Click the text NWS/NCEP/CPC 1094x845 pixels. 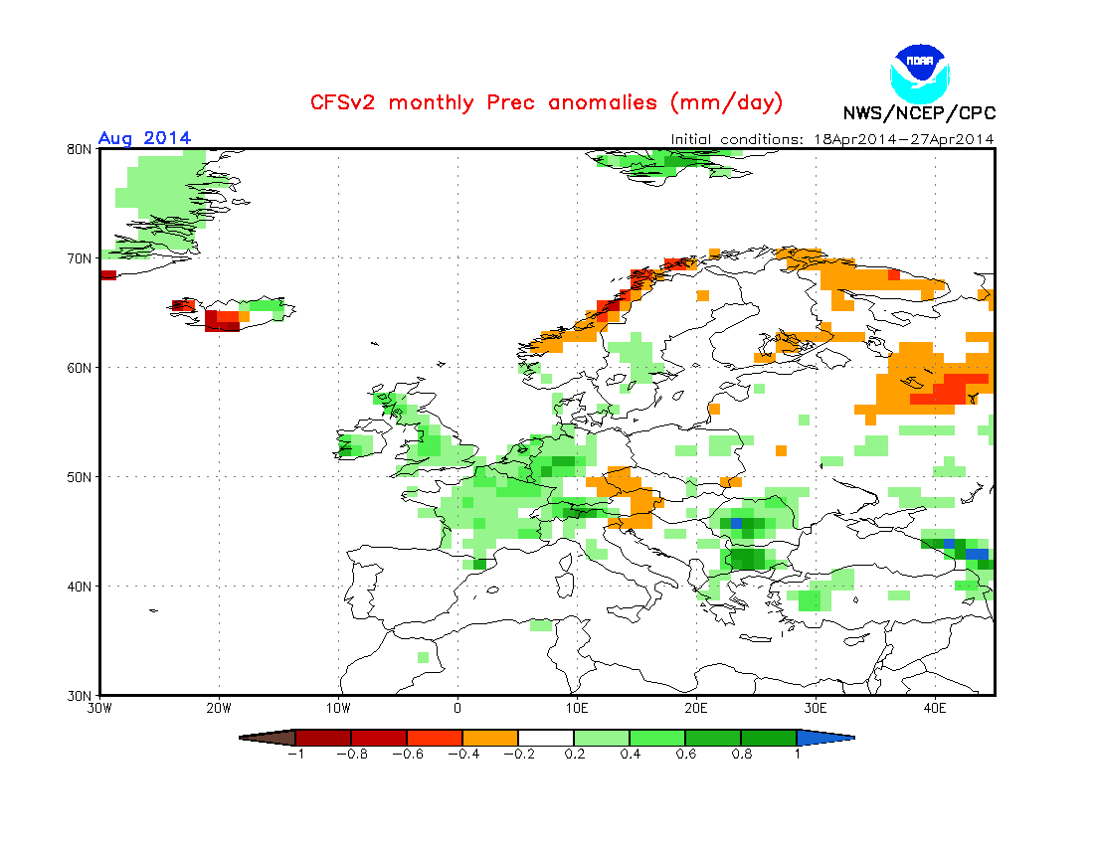919,113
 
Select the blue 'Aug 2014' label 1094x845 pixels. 144,138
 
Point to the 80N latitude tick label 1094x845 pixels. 80,149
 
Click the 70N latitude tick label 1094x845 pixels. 80,258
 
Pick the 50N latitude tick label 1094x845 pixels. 80,477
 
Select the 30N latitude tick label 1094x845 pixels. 80,695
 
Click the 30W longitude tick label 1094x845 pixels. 99,709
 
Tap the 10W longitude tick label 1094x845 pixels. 338,709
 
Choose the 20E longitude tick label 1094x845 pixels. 696,709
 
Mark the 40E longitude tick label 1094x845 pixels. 935,709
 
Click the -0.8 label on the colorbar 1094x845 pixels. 351,754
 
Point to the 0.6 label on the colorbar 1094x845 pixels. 685,754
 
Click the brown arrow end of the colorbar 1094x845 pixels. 268,738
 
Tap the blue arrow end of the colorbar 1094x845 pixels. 824,738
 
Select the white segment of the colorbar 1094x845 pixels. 546,738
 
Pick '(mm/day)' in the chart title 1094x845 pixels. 726,102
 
